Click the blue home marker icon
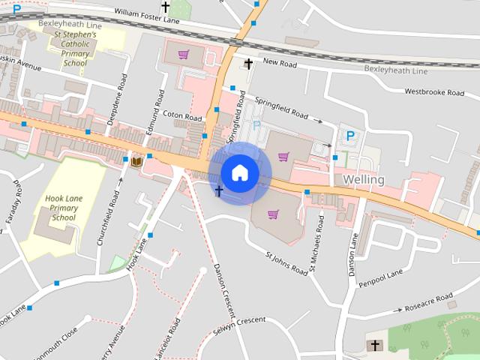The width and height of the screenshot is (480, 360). (239, 172)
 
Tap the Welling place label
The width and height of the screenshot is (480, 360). (364, 180)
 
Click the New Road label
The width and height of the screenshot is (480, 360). (280, 64)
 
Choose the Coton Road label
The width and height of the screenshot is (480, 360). (183, 118)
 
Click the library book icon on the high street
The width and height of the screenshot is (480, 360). (137, 160)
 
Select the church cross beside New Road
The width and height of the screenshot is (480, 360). (249, 64)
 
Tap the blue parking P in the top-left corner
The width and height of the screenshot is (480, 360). (16, 8)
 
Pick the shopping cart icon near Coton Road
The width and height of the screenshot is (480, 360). (183, 55)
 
